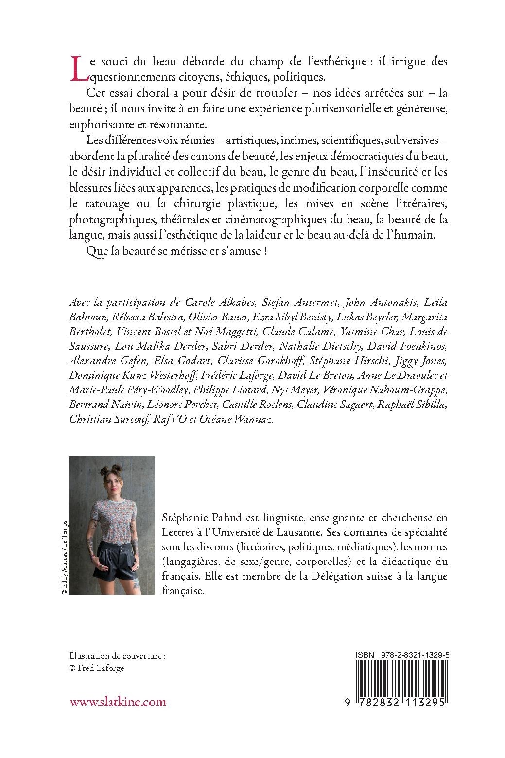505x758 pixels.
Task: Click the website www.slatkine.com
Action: tap(118, 702)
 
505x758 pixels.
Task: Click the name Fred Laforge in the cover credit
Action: tap(101, 668)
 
